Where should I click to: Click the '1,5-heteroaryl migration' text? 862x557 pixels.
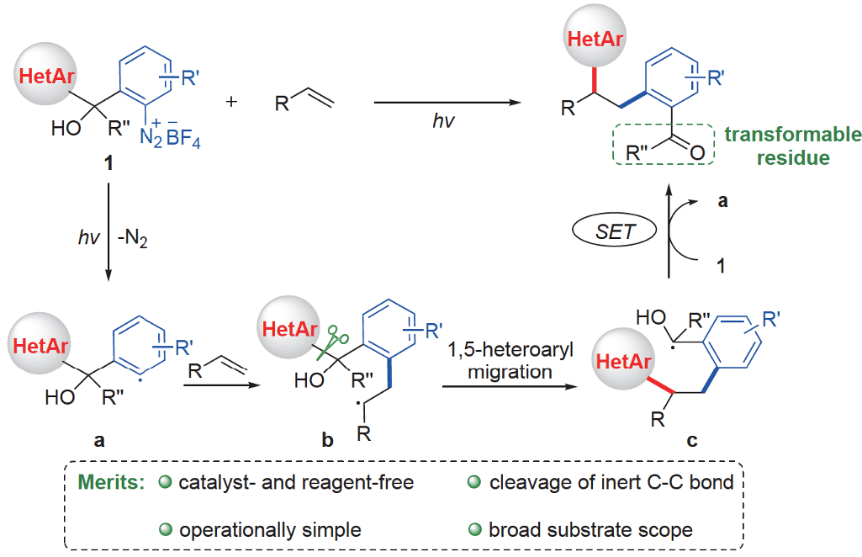(512, 361)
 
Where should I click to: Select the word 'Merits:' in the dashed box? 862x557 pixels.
(109, 483)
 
